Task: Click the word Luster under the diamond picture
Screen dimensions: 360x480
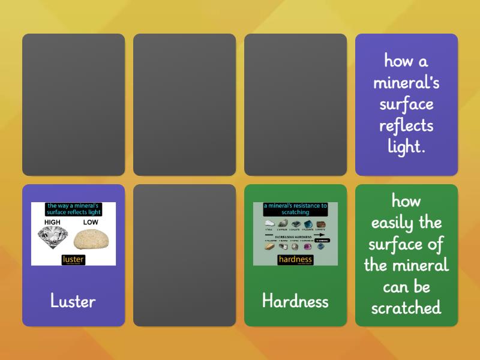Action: (73, 301)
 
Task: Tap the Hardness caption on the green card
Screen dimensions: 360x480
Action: (295, 301)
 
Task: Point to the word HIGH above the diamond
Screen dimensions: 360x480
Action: (53, 221)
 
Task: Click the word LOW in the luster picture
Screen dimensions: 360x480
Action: (91, 221)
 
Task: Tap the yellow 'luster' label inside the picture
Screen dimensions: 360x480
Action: (73, 260)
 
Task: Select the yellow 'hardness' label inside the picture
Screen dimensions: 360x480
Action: (295, 260)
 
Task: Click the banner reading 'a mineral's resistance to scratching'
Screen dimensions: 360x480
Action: (295, 209)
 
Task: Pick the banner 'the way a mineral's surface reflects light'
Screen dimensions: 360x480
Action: (73, 209)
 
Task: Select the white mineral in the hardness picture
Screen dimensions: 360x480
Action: (268, 224)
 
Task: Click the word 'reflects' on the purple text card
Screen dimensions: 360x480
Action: (406, 125)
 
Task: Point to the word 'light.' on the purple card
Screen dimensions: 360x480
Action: (406, 147)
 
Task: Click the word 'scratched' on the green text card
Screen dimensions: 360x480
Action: (406, 308)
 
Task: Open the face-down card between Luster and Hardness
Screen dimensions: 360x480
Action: (184, 255)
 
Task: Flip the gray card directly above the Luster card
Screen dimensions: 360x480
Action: (73, 104)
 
